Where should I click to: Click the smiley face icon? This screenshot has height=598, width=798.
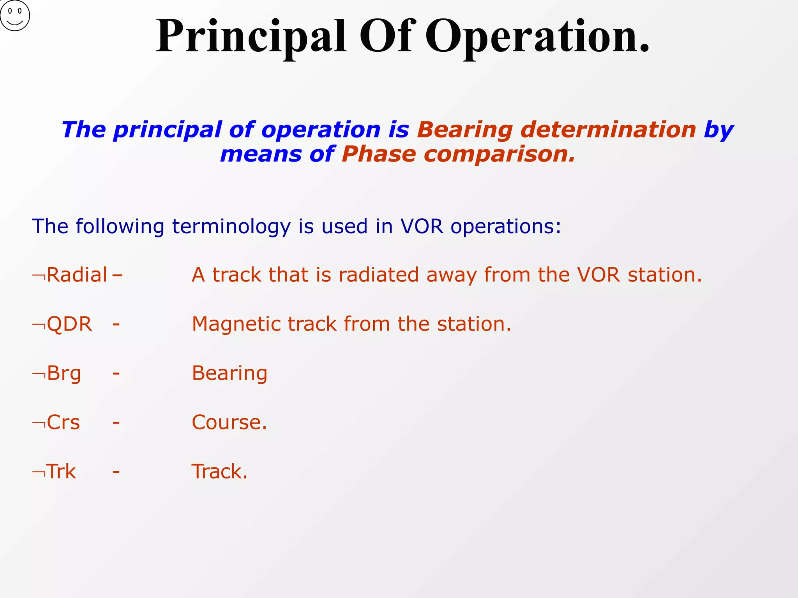click(x=15, y=16)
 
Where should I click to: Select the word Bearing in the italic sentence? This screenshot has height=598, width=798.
click(x=464, y=130)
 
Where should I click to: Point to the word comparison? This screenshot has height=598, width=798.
click(x=499, y=154)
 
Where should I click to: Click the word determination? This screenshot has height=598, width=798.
click(x=608, y=130)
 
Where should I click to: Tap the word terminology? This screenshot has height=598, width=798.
click(x=231, y=227)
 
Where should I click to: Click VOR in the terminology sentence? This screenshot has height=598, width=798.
click(x=422, y=227)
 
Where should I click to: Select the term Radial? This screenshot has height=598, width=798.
click(x=77, y=275)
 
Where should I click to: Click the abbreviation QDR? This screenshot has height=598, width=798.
click(x=69, y=324)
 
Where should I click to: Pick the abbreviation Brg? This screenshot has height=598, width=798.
click(x=64, y=373)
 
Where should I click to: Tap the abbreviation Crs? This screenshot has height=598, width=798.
click(x=63, y=422)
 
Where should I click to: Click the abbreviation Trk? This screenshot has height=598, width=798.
click(x=61, y=471)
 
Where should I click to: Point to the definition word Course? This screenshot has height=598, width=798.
click(x=229, y=422)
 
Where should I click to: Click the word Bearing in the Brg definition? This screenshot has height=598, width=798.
click(x=230, y=373)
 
